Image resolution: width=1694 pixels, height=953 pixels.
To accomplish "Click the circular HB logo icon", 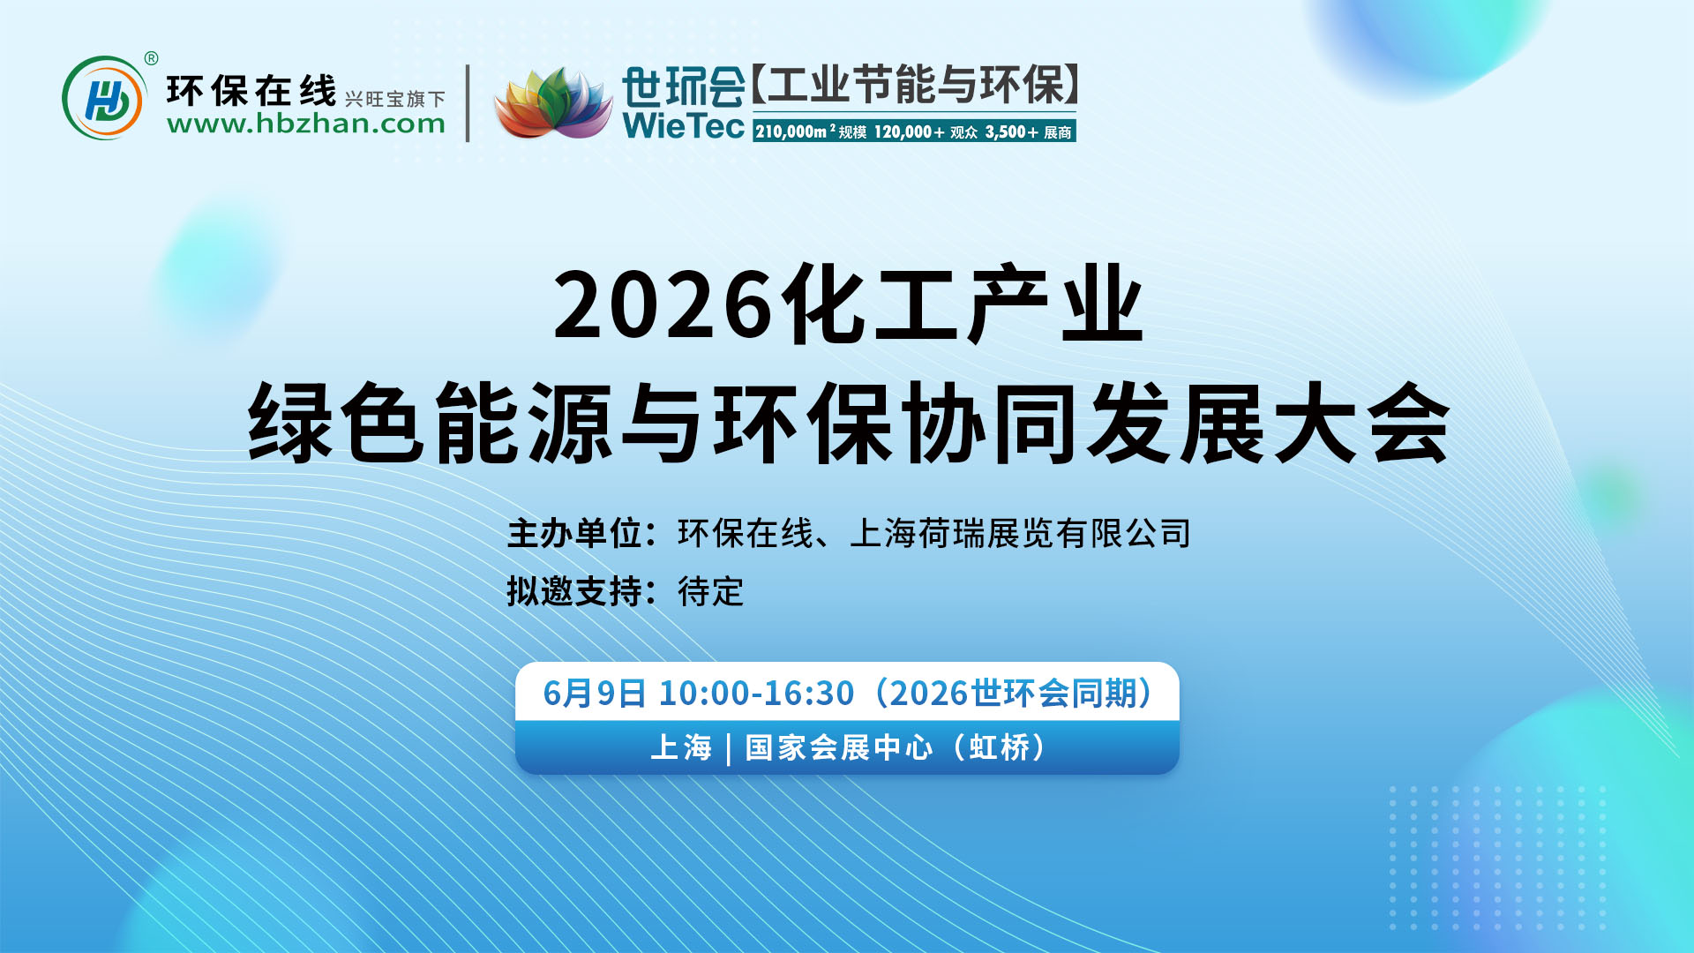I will point(104,98).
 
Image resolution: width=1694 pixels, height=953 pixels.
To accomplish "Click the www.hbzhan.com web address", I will point(305,124).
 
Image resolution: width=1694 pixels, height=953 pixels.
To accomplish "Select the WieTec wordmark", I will point(683,125).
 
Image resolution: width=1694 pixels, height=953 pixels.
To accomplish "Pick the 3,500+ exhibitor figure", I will point(1011,132).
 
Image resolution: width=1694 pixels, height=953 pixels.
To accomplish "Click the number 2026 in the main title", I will point(663,305).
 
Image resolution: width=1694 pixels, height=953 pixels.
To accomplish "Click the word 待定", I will point(711,591).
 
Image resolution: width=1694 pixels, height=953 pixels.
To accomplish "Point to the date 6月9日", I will point(594,694).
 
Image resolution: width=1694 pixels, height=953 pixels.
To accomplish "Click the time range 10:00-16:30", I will point(756,694).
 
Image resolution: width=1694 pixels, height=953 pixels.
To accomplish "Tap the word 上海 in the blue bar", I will point(681,747).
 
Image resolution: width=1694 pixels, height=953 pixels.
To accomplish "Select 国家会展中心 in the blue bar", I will point(838,747).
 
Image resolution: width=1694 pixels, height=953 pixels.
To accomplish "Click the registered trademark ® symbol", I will point(151,58).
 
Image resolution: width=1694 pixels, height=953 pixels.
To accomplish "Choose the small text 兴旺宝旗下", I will point(394,99).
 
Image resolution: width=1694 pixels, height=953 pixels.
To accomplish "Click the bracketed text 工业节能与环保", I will point(916,86).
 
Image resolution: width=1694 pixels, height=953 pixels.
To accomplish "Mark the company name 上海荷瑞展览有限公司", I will point(1020,534).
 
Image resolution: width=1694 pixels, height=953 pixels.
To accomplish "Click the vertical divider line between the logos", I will point(468,103).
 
